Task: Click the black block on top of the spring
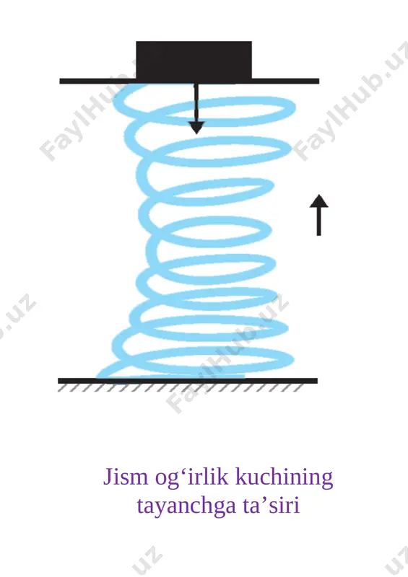194,60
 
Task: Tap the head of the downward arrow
196,128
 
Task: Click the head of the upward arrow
318,201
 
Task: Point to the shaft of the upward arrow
318,221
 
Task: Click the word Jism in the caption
126,477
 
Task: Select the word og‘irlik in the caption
192,477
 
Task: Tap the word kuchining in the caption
285,477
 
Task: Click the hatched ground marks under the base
181,388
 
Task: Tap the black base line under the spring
188,381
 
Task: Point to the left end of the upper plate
61,81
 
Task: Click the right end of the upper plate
318,81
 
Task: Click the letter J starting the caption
108,477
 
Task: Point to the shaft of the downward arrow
196,103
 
